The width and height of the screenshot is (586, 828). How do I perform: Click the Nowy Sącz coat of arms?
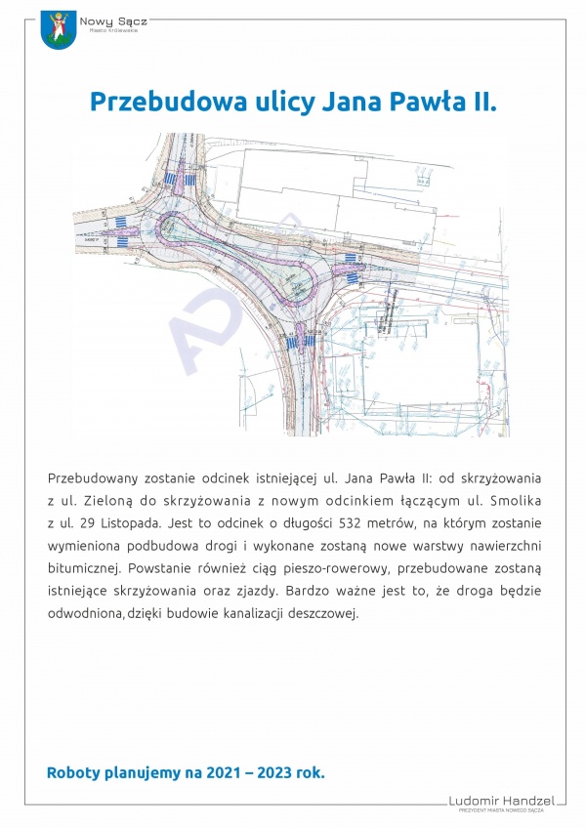(58, 32)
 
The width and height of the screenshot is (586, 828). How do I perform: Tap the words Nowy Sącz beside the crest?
(106, 21)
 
